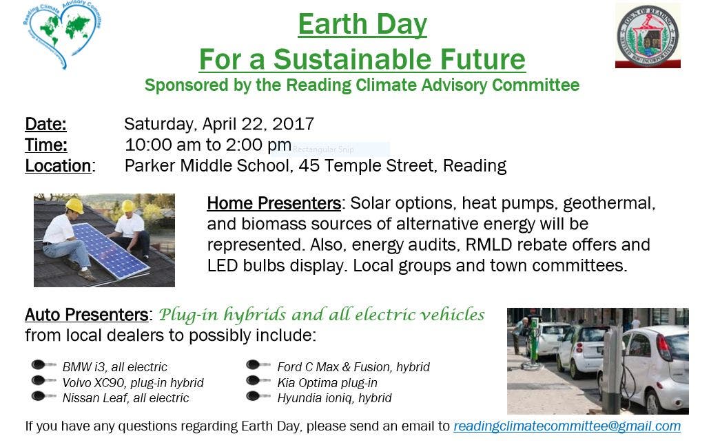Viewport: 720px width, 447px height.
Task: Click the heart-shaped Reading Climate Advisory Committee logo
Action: click(61, 34)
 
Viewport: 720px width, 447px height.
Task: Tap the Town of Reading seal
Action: click(648, 35)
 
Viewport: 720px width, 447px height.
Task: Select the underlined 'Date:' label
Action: click(46, 124)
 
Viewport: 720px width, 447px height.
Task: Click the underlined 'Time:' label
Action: click(46, 145)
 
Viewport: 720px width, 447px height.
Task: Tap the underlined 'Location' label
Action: click(59, 166)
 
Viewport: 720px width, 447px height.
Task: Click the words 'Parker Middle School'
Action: click(207, 166)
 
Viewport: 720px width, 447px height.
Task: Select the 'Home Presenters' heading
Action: click(274, 203)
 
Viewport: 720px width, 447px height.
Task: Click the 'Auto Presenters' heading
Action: click(86, 315)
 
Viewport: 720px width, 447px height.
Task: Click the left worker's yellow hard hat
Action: click(74, 206)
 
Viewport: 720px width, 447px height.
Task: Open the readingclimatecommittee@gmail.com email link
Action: click(567, 426)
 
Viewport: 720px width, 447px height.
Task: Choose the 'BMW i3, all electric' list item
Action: click(115, 367)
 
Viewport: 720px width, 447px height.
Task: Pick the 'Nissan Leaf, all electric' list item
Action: click(126, 398)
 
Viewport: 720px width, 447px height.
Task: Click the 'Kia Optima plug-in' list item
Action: click(327, 383)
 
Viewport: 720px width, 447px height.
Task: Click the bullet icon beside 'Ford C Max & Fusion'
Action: click(258, 365)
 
